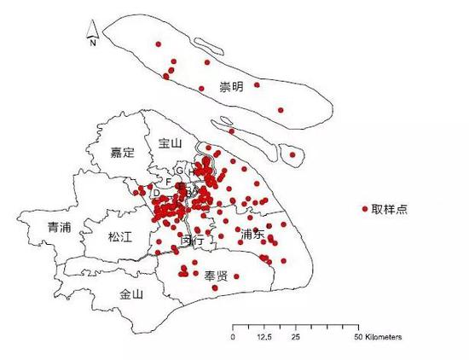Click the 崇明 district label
pyautogui.click(x=230, y=87)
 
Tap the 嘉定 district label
pyautogui.click(x=123, y=154)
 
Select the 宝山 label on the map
pyautogui.click(x=171, y=144)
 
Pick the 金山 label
pyautogui.click(x=131, y=294)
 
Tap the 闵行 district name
pyautogui.click(x=193, y=241)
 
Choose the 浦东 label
pyautogui.click(x=253, y=234)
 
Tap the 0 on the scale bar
pyautogui.click(x=233, y=338)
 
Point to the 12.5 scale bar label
pyautogui.click(x=263, y=338)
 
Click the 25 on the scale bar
pyautogui.click(x=295, y=338)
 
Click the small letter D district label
pyautogui.click(x=156, y=193)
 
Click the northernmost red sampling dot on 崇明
pyautogui.click(x=158, y=44)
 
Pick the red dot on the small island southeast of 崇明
pyautogui.click(x=293, y=155)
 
